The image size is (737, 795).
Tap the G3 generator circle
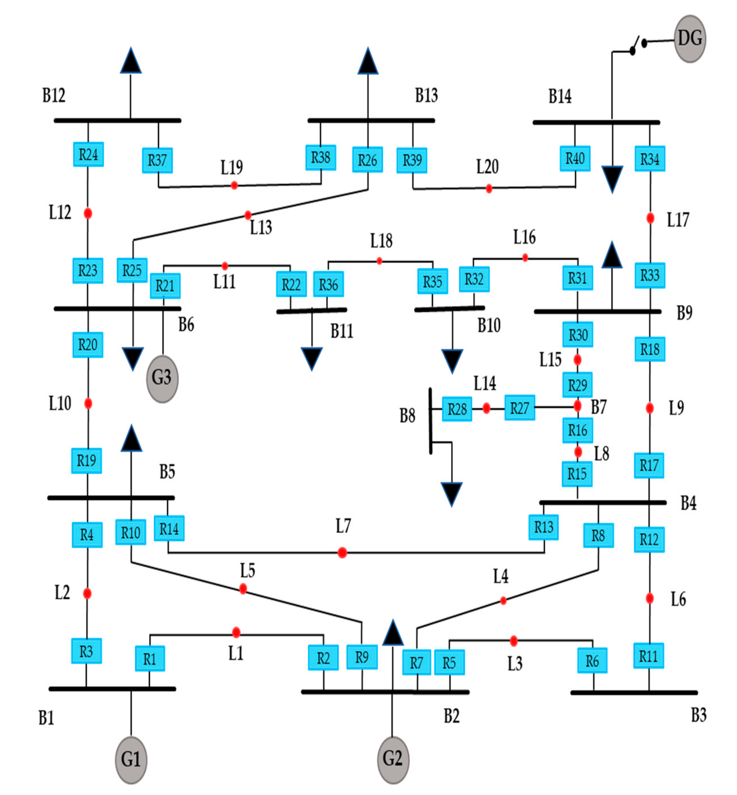pos(162,378)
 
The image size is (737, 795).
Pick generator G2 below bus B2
pos(393,759)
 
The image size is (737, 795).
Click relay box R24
pos(89,154)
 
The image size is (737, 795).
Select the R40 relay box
pos(575,158)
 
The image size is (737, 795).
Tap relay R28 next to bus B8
pos(457,409)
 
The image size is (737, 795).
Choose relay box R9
pos(362,657)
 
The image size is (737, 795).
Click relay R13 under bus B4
pos(544,527)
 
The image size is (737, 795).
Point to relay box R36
pos(328,285)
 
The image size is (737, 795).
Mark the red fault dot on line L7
pos(342,552)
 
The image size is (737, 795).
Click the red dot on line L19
pos(234,185)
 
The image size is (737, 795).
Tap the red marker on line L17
pos(650,218)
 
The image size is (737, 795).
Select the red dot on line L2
pos(87,594)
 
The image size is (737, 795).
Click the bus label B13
pos(426,95)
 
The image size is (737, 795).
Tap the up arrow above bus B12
pos(131,61)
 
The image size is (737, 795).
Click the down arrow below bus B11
pos(311,358)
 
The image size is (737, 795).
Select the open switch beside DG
pos(638,46)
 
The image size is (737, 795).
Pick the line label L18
pos(381,241)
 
